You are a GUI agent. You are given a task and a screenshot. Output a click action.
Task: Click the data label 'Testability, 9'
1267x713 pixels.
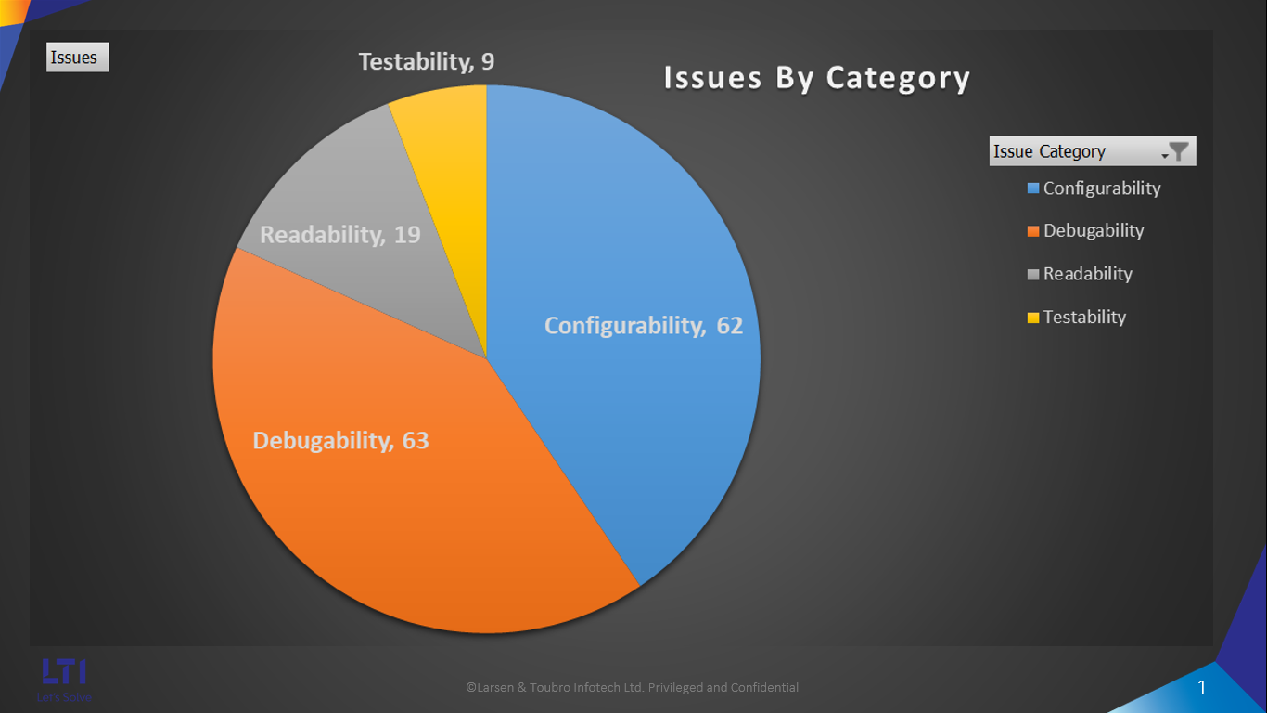426,62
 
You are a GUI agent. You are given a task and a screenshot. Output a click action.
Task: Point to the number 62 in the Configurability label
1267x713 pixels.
729,326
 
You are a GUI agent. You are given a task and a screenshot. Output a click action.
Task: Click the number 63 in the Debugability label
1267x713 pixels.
416,440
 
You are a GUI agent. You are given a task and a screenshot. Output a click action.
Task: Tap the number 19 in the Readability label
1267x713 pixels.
407,235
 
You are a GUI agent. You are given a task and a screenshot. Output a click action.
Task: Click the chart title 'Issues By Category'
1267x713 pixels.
816,79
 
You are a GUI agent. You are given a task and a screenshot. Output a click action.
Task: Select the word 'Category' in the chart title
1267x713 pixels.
898,79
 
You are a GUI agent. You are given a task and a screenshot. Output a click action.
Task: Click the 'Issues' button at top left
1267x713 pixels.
77,58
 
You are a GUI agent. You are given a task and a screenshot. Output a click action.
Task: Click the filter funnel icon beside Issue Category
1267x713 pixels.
1178,151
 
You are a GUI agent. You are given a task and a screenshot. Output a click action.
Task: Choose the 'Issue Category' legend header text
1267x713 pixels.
1049,151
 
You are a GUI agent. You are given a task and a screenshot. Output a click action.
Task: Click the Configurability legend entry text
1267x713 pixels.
1102,188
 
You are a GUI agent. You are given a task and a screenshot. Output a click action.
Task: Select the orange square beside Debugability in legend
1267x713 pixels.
1033,231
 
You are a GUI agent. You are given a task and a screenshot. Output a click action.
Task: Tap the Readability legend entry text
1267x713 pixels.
1087,274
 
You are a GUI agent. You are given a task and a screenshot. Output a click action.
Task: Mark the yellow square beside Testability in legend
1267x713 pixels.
1033,318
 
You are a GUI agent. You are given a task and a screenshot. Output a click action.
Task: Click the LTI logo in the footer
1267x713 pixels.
64,671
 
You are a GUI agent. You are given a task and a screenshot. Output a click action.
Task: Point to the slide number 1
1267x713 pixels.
1202,688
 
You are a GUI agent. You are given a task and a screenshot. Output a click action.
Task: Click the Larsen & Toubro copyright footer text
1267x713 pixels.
632,688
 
